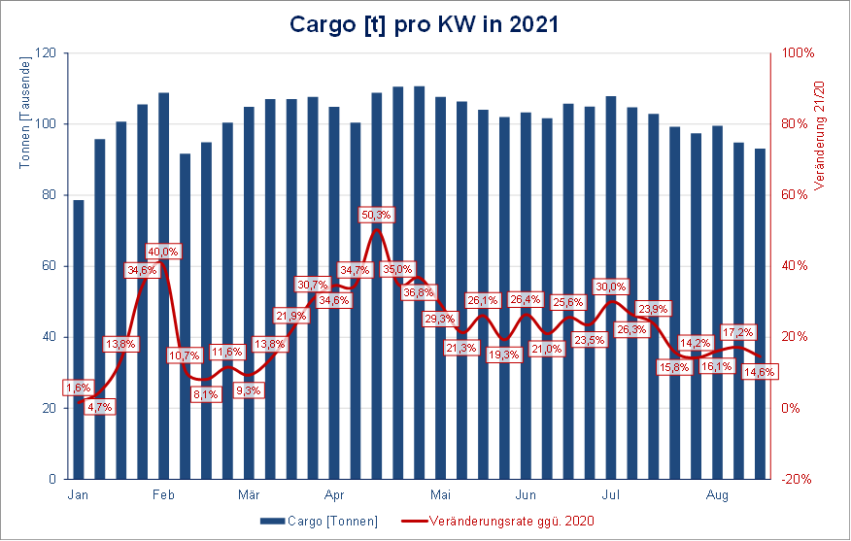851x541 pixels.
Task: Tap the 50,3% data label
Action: coord(376,215)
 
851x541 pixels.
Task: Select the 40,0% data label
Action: coord(163,252)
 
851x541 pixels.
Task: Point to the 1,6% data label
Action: coord(78,388)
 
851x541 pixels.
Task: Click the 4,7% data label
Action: coord(99,407)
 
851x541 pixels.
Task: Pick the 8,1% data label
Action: coord(205,394)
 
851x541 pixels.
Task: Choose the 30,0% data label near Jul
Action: coord(611,287)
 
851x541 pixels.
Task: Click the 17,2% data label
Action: coord(738,331)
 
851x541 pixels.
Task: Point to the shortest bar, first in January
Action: coord(79,340)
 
